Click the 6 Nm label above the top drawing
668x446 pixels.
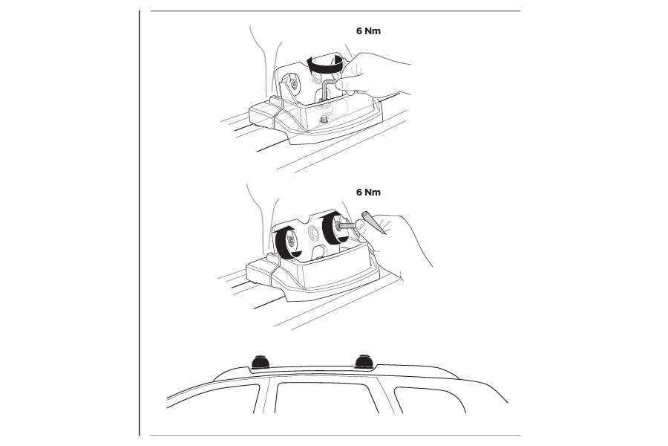(368, 30)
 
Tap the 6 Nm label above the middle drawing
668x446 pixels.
(368, 192)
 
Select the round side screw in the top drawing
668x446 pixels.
(294, 84)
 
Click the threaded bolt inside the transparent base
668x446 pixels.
(324, 116)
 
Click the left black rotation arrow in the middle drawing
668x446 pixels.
(284, 242)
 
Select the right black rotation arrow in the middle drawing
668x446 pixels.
(330, 228)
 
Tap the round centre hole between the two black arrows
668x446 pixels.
(315, 233)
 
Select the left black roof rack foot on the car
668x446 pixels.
(260, 362)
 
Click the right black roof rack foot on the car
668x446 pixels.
(364, 361)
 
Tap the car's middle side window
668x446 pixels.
(326, 398)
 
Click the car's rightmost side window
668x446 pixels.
(430, 400)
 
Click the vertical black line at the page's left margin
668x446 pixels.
(140, 223)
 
